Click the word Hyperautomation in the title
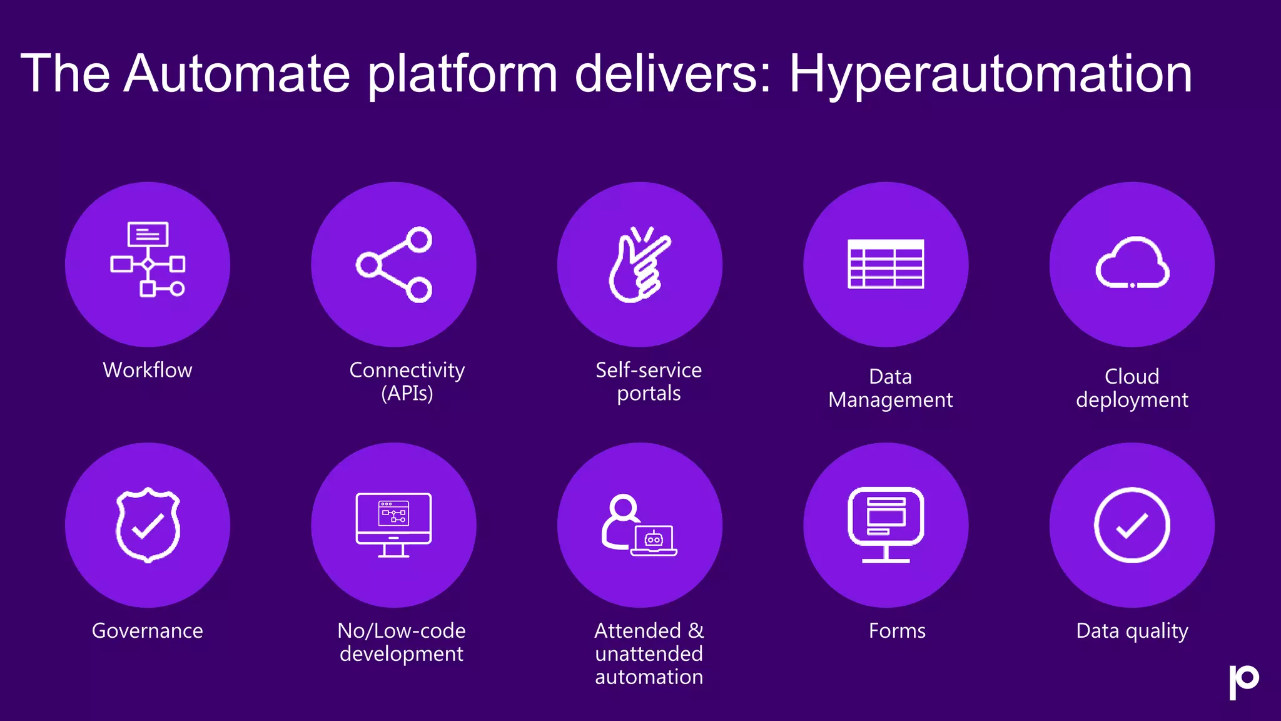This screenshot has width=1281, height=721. pos(990,74)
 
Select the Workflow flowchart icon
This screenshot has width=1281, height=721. pos(148,259)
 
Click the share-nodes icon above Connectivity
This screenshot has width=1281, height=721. pos(394,265)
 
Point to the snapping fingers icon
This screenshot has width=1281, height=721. pos(639,265)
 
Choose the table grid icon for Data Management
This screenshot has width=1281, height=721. pos(886,264)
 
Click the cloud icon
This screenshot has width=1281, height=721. pos(1132,263)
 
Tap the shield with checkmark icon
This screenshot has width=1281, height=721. pos(148,525)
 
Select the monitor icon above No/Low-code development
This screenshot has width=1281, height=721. pos(393,524)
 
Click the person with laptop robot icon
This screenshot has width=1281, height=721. pos(639,526)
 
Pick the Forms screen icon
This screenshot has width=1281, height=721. pos(886,524)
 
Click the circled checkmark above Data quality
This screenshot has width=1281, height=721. pos(1132,525)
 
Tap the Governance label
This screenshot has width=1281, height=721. pos(148,630)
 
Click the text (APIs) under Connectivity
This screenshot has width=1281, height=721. pos(407,394)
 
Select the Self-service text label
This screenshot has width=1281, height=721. pos(649,370)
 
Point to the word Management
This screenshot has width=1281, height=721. pos(890,400)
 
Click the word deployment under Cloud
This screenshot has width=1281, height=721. pos(1132,400)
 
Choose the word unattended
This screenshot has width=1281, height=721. pos(649,654)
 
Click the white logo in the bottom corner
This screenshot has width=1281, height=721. pos(1243,682)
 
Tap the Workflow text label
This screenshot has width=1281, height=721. pos(148,370)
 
